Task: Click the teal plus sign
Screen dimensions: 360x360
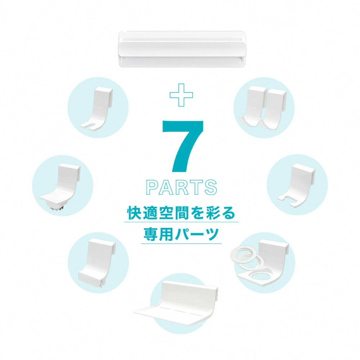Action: pyautogui.click(x=181, y=95)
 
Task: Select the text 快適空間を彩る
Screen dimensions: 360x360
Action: pyautogui.click(x=181, y=213)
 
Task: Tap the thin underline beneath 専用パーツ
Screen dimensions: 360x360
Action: pyautogui.click(x=181, y=244)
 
